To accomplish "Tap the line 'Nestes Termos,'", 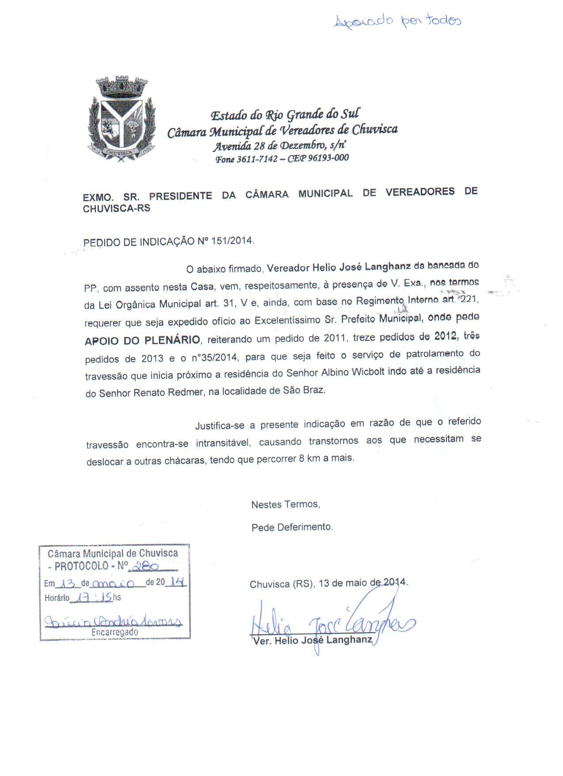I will click(x=285, y=504).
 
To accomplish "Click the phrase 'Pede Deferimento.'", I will click(x=292, y=527).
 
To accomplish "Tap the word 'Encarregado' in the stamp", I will click(x=114, y=632).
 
